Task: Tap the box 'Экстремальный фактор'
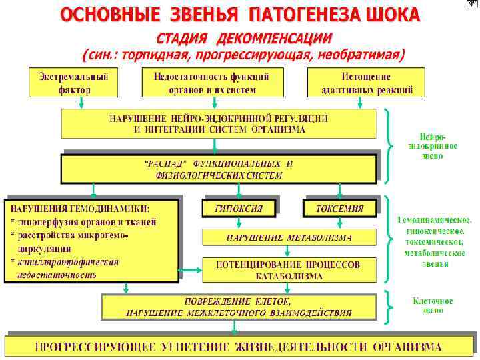pyautogui.click(x=73, y=82)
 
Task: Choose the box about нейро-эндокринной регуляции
pyautogui.click(x=219, y=124)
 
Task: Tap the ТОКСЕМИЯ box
pyautogui.click(x=339, y=209)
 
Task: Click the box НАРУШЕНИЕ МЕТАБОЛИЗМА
pyautogui.click(x=289, y=237)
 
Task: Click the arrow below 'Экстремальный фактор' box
pyautogui.click(x=81, y=103)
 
